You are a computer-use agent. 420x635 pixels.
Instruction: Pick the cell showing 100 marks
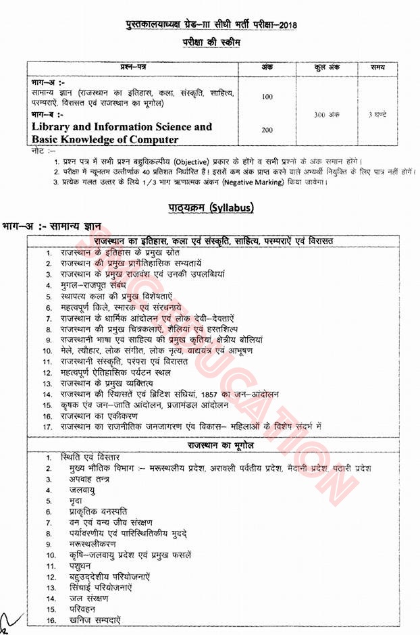tap(267, 97)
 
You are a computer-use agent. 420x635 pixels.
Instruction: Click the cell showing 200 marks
tap(267, 130)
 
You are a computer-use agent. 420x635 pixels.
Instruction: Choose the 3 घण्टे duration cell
tap(380, 115)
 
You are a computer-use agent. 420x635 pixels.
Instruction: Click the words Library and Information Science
tap(122, 126)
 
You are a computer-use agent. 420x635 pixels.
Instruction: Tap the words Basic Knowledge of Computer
tap(105, 140)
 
